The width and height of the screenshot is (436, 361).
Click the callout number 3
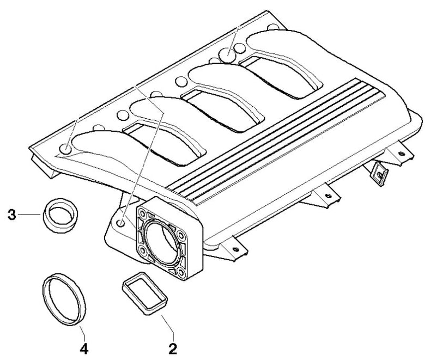click(11, 215)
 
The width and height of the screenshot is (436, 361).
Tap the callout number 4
click(84, 348)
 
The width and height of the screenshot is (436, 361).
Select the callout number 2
click(173, 348)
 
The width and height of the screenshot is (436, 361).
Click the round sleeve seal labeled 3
click(60, 216)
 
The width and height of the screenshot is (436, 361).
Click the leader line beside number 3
click(30, 215)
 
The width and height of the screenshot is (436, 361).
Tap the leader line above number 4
click(82, 333)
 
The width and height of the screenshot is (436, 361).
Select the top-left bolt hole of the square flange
click(143, 213)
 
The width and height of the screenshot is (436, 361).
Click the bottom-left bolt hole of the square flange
click(143, 251)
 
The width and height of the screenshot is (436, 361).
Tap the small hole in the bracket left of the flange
click(120, 223)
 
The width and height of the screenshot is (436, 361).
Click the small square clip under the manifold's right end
click(380, 174)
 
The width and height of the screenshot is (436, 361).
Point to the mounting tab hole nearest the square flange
click(235, 249)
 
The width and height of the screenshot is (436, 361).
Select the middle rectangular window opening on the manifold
click(222, 109)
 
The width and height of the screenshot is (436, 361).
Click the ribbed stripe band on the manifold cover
click(277, 141)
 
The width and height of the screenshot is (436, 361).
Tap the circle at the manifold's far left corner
click(66, 149)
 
